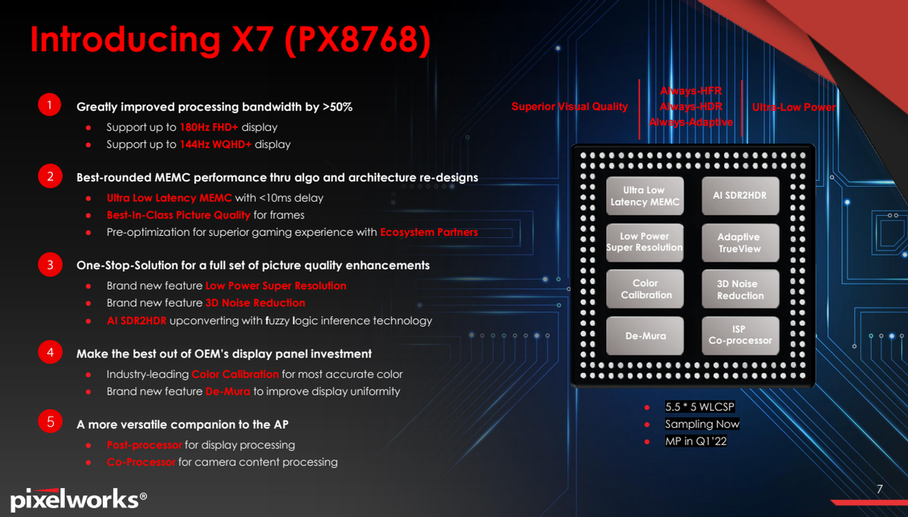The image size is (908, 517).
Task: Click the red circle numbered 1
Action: click(x=49, y=105)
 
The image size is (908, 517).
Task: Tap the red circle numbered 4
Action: click(x=50, y=351)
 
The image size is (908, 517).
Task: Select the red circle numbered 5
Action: click(x=50, y=422)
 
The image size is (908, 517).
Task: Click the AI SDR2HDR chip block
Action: click(x=740, y=196)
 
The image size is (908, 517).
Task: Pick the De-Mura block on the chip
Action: click(x=645, y=336)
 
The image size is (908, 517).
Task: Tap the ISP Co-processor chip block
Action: click(x=740, y=336)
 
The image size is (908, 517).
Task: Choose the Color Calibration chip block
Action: click(x=645, y=289)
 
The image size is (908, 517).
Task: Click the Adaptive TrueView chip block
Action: click(x=740, y=243)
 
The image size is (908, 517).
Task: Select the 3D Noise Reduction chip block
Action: click(x=740, y=289)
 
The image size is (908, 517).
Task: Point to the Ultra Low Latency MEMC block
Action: click(x=645, y=196)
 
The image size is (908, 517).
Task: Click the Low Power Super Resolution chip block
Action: click(x=645, y=243)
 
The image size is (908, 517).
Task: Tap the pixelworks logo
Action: click(x=78, y=499)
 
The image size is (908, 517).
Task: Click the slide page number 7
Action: click(x=879, y=489)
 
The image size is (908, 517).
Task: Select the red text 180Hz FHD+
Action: click(x=209, y=127)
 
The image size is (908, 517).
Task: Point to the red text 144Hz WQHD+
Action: click(x=215, y=144)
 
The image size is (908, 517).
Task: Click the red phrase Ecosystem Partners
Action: click(x=429, y=232)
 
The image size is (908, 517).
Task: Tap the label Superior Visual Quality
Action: click(x=570, y=107)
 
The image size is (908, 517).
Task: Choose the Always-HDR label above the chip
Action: click(x=691, y=107)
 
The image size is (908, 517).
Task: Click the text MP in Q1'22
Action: click(x=696, y=441)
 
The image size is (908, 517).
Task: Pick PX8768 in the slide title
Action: click(x=357, y=39)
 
